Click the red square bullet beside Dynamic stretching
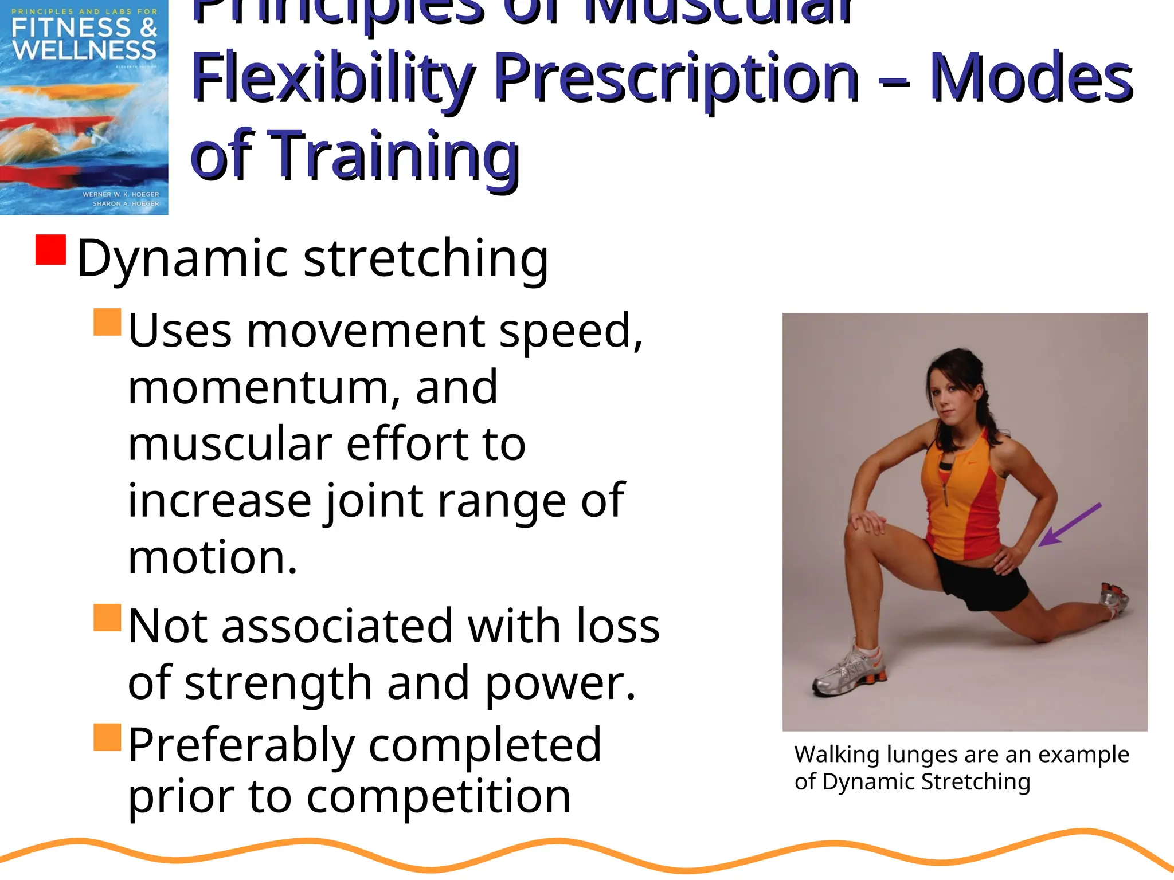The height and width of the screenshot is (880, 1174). [50, 250]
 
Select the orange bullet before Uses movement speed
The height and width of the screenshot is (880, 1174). [107, 322]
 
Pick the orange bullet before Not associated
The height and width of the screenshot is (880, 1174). [107, 618]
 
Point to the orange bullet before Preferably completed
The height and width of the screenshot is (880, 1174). [107, 737]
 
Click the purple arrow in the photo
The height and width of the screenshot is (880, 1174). [1070, 525]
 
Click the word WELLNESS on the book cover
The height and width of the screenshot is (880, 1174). [84, 50]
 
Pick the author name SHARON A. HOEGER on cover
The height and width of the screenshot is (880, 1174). [126, 203]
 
